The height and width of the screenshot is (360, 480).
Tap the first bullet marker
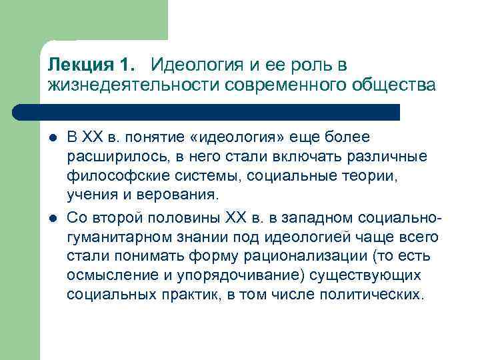coord(52,138)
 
